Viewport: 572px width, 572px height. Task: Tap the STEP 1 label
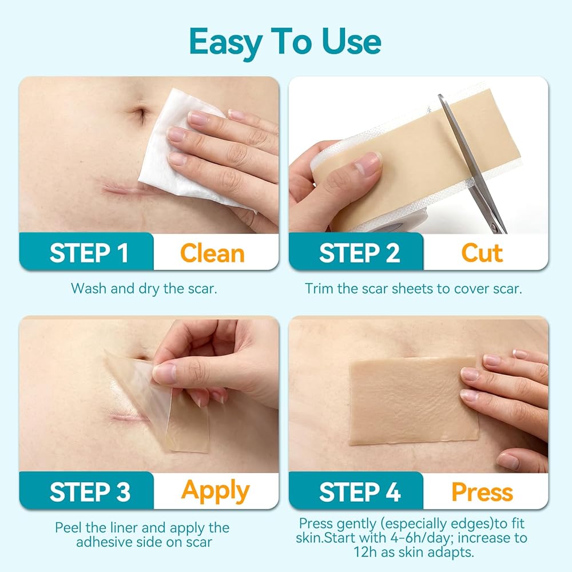point(89,253)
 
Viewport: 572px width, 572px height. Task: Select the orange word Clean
point(212,253)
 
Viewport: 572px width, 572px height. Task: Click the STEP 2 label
point(359,253)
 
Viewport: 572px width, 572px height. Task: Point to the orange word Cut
point(482,253)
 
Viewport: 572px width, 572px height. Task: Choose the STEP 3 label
point(90,492)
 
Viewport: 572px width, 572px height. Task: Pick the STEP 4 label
point(360,492)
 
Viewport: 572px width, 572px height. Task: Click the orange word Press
point(482,492)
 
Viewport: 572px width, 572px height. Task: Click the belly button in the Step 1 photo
point(141,113)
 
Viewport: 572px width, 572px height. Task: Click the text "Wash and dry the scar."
point(144,288)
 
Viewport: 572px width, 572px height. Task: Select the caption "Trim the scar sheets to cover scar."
point(414,288)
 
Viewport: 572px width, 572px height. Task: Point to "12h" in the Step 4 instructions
point(366,553)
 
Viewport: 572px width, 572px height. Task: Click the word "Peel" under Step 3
point(70,527)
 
